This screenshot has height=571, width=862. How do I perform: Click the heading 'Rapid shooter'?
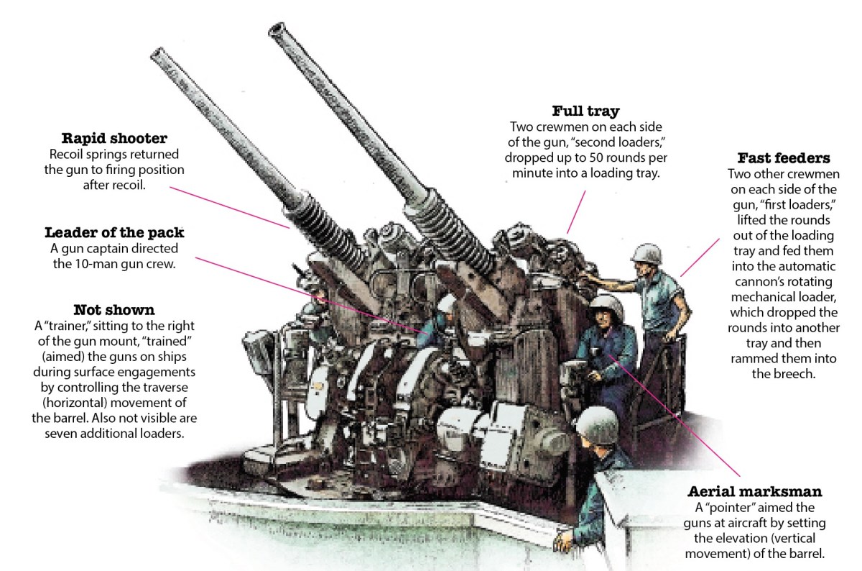114,138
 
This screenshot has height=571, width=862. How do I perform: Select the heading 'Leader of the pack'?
114,232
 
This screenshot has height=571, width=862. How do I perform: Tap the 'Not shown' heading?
114,310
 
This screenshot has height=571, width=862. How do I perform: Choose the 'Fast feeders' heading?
784,157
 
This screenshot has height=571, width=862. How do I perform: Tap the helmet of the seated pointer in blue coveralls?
604,303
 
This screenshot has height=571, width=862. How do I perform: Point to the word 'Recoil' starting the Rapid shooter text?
68,154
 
